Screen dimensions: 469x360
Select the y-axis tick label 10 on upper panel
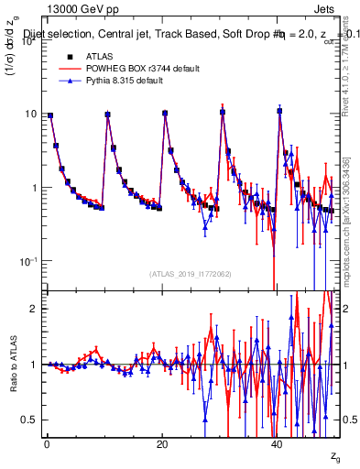[x=29, y=115]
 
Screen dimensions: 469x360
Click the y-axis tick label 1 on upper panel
[x=32, y=188]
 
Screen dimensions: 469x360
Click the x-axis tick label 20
[x=162, y=443]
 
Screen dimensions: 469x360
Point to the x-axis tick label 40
[x=278, y=443]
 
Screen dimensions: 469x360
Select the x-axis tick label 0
[x=47, y=443]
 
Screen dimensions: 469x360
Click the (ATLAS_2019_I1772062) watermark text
[x=191, y=274]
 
